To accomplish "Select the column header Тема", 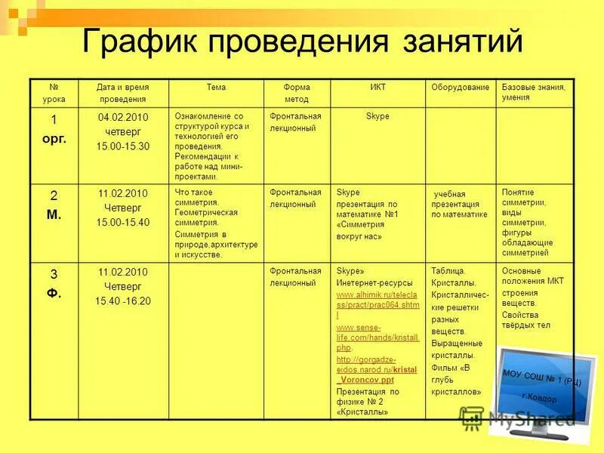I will [x=216, y=88].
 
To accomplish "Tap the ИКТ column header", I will [x=377, y=88].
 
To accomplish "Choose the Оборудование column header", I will [x=461, y=88].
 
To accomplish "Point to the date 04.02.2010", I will [x=123, y=118].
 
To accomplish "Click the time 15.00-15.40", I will [x=123, y=222].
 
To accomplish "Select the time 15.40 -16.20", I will [x=123, y=300].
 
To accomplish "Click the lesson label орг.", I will [x=54, y=139].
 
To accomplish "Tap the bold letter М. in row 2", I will [x=54, y=214].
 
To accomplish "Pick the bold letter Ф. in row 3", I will [x=54, y=293].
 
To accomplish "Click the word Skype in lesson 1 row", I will [x=377, y=117].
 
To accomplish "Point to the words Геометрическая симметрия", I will [x=206, y=217].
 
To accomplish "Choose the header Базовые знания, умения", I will [x=534, y=92].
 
